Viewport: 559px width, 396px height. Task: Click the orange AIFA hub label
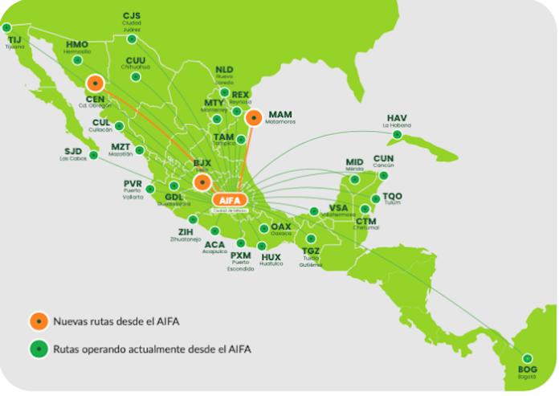tap(230, 199)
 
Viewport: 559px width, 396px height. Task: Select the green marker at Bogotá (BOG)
tap(528, 358)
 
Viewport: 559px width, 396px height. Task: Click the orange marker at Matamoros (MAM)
tap(254, 118)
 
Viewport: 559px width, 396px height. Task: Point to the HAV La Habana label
tap(397, 120)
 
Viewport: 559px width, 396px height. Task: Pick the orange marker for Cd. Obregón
tap(96, 83)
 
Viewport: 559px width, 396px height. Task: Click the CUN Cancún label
tap(384, 161)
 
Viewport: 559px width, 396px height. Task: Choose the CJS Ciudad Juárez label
tap(131, 19)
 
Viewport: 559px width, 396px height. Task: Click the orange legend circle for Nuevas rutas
tap(37, 320)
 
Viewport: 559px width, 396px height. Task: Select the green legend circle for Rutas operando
tap(37, 348)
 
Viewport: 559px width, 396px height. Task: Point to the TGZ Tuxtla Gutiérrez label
tap(311, 254)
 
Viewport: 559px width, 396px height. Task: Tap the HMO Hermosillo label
tap(77, 47)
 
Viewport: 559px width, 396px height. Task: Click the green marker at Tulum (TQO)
tap(375, 198)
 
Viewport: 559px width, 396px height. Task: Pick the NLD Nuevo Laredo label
tap(225, 73)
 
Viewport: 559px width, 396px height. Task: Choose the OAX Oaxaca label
tap(281, 229)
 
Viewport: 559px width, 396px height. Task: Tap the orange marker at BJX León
tap(202, 182)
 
